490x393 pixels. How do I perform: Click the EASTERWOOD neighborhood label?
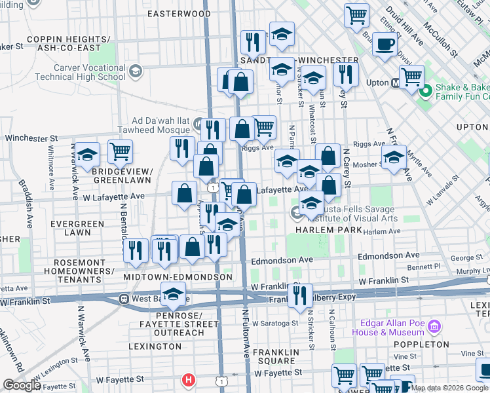[179, 13]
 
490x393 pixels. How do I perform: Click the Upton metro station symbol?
[396, 83]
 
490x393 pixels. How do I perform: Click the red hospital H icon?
[189, 379]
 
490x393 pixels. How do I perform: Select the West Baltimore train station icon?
[123, 299]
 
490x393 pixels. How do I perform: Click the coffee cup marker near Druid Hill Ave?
[385, 45]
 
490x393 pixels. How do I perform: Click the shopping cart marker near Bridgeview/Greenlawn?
[121, 152]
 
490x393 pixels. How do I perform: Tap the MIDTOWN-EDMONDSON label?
[178, 277]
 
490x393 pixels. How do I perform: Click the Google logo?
[22, 385]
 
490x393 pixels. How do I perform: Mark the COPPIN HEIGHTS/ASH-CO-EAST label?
[64, 43]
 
